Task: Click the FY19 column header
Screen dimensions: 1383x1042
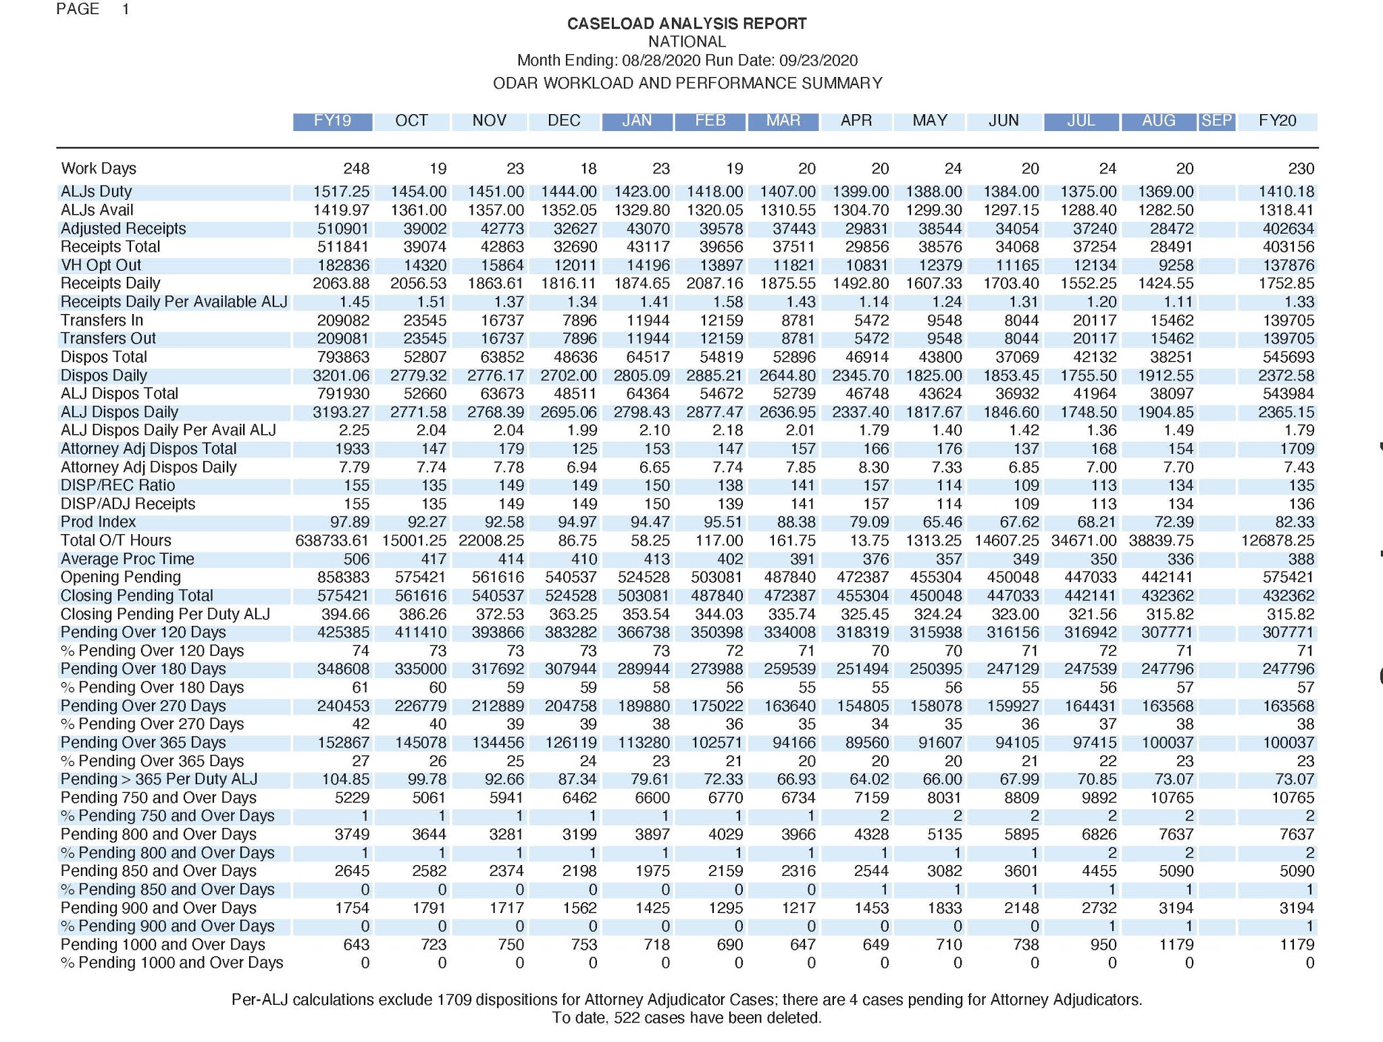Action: (332, 121)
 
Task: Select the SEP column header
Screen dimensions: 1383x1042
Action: (1216, 121)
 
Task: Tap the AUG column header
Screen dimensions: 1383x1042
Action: (1158, 121)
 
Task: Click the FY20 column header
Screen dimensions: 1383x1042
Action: (1277, 121)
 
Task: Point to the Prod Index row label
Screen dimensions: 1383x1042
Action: (98, 522)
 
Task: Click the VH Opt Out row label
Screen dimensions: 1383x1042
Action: (101, 265)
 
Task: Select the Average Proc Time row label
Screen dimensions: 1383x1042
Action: (127, 559)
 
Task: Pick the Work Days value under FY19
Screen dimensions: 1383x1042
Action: (356, 169)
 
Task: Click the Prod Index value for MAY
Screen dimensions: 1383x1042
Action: (942, 522)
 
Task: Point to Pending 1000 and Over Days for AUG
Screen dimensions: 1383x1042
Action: (1176, 945)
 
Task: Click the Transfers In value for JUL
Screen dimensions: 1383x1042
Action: (1094, 321)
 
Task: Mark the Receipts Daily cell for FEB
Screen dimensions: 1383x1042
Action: (714, 284)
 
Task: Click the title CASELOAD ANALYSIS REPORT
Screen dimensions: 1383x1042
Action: (687, 24)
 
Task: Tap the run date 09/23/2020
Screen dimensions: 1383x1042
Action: (818, 61)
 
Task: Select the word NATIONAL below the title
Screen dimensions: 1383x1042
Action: (687, 42)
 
